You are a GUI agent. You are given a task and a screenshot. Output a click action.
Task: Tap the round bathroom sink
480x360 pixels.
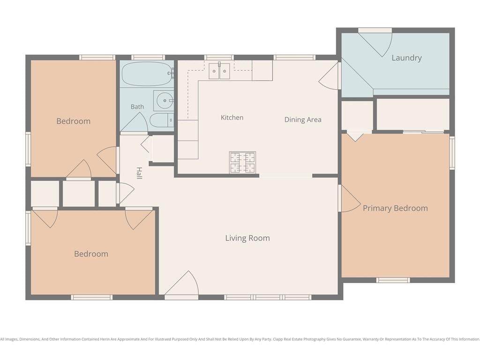[165, 100]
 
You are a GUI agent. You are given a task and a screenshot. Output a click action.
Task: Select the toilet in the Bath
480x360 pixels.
[162, 120]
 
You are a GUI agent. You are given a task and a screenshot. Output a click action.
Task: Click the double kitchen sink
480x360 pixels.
[219, 71]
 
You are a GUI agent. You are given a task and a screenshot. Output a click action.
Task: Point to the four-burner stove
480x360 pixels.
[242, 162]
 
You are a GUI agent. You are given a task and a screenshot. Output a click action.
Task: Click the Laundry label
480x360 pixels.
[406, 58]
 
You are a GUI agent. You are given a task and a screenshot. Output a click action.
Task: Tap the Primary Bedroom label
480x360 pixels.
[395, 208]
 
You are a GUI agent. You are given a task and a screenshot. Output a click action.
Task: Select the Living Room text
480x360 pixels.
[247, 238]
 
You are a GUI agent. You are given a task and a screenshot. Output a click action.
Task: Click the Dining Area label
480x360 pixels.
[303, 120]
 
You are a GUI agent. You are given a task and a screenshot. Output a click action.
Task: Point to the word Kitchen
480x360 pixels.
[232, 118]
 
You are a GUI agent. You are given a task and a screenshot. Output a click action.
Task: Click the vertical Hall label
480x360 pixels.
[139, 173]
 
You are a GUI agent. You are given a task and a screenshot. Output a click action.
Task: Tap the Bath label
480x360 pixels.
[137, 106]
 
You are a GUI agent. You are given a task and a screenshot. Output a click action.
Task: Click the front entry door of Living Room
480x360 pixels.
[182, 285]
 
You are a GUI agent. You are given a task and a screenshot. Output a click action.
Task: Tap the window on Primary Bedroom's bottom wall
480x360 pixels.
[393, 280]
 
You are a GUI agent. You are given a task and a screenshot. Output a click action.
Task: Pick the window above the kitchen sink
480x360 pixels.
[219, 58]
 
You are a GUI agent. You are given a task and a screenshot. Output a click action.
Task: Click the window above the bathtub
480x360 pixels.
[148, 58]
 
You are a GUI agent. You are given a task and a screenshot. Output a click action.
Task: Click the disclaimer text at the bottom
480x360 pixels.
[240, 339]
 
